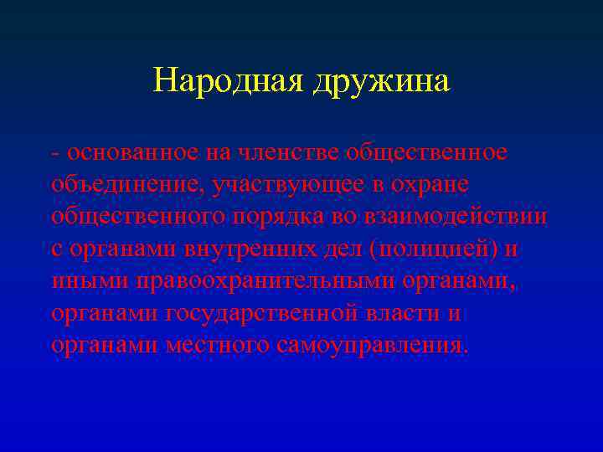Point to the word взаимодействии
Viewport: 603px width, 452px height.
point(456,217)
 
